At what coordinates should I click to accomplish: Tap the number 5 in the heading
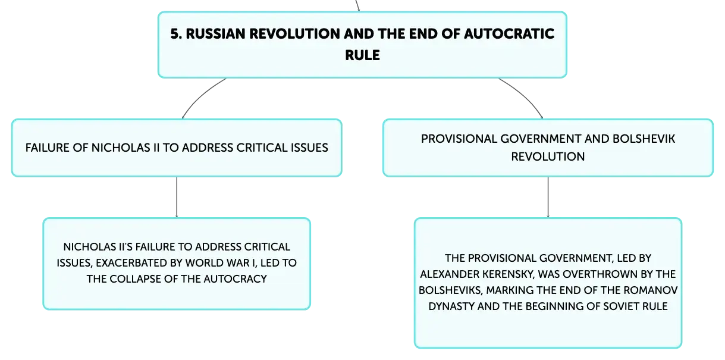[x=174, y=34]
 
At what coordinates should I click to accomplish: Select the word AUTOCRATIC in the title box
[x=509, y=34]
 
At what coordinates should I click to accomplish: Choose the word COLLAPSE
[x=134, y=279]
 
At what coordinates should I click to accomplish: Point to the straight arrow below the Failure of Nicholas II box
[x=177, y=197]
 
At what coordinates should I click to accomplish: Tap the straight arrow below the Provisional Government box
[x=548, y=197]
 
